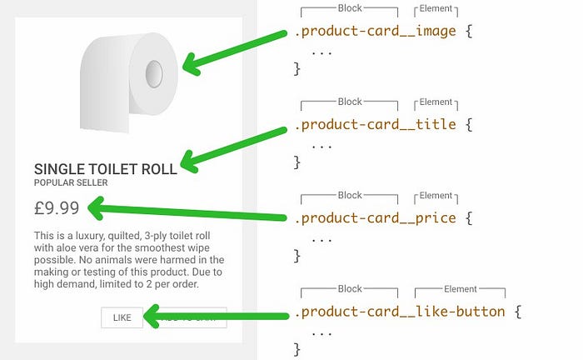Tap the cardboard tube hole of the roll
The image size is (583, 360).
(154, 73)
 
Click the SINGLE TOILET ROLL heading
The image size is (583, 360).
(105, 168)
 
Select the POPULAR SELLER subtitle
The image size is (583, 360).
(71, 182)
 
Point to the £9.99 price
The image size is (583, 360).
(57, 207)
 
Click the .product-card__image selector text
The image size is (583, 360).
(375, 32)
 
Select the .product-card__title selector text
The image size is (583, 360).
(375, 125)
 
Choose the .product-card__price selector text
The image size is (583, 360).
(375, 218)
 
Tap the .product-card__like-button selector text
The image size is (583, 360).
(399, 312)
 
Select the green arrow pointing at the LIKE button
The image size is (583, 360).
(217, 316)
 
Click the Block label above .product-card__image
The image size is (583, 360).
(350, 8)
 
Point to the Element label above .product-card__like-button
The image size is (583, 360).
(460, 289)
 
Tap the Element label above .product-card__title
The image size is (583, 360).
(436, 102)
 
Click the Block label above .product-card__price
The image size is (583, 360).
(350, 196)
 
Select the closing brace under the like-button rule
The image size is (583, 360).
(296, 348)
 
